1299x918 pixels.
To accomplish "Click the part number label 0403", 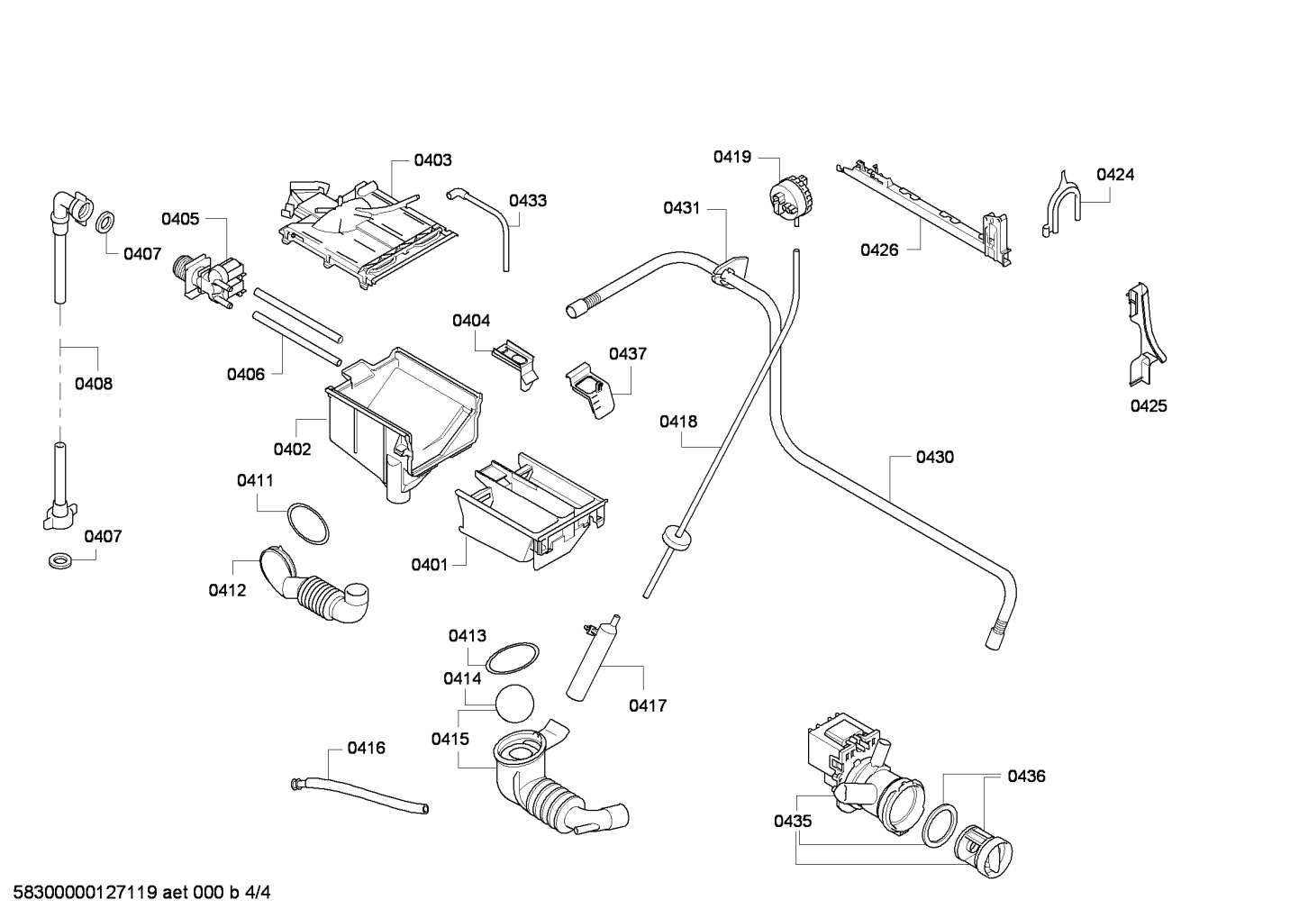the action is [432, 160].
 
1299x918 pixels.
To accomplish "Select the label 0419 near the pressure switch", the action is [731, 157].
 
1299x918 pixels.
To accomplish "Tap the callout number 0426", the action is [879, 250].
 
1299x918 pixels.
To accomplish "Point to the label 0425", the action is [1149, 406].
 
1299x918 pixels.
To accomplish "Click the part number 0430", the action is [935, 457].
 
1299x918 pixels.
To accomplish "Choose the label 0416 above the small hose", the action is [366, 748].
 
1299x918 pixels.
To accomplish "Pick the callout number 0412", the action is [227, 590].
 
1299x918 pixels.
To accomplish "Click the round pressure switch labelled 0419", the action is [789, 198].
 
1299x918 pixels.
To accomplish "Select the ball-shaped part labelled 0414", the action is [514, 704].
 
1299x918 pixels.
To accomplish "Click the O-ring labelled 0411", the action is [308, 523].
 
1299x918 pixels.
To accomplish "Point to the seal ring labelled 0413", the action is [512, 659].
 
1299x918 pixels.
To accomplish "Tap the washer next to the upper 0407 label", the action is [104, 223].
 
